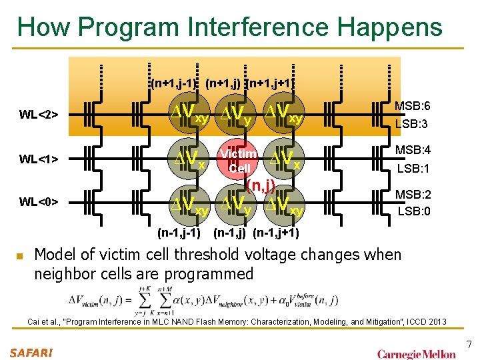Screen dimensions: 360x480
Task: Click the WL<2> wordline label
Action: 39,115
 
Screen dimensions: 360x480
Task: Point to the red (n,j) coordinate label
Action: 261,185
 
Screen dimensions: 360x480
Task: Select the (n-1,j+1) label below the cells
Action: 275,233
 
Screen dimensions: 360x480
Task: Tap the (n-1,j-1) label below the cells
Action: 179,233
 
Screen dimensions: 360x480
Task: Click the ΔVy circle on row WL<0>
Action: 237,203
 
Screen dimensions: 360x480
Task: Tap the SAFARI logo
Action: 31,352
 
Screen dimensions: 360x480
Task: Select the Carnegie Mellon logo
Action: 417,353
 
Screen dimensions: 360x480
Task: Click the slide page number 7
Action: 469,344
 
